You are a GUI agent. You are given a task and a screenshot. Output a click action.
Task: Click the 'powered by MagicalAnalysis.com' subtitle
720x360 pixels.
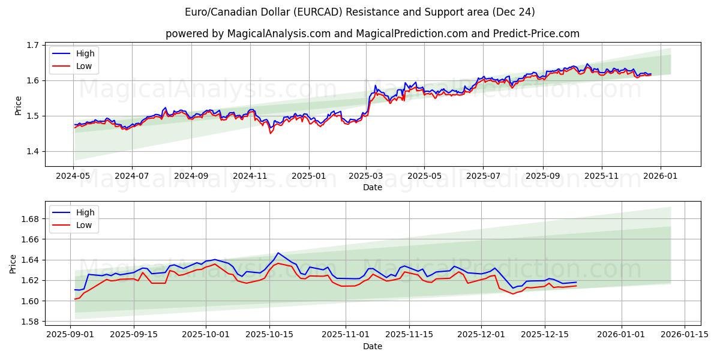click(x=373, y=34)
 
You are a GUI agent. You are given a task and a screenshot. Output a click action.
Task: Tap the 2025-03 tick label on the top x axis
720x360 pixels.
click(x=366, y=176)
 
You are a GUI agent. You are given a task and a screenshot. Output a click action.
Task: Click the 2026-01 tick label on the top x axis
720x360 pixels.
click(x=661, y=176)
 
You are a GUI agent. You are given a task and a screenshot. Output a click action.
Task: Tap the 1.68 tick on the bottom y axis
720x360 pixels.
click(x=29, y=219)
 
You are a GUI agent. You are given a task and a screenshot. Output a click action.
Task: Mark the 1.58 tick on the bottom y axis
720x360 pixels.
click(x=29, y=322)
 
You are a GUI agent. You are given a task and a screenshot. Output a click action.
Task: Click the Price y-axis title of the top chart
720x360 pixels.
click(x=18, y=106)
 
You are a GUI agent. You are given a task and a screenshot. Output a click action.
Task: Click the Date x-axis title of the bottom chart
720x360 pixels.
click(x=373, y=346)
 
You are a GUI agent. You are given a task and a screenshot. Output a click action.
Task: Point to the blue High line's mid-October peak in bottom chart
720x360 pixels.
click(x=278, y=253)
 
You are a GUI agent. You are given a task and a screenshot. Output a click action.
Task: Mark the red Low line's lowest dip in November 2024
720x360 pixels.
click(x=270, y=133)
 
